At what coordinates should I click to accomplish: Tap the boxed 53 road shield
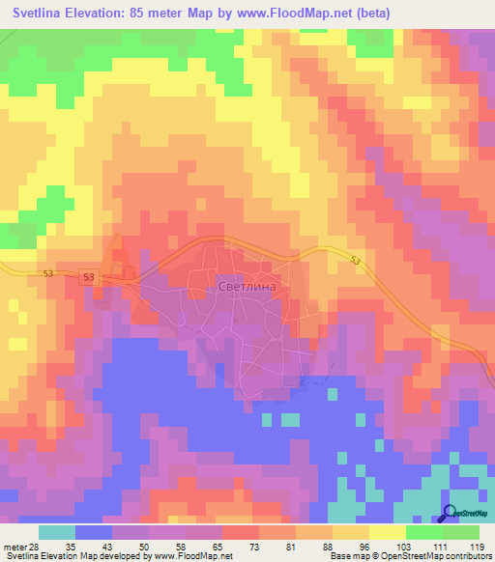89,278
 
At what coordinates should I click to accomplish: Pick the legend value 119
478,546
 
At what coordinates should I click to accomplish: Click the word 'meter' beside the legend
14,546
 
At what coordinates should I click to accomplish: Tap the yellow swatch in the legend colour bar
386,532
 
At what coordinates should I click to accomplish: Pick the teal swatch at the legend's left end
56,532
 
